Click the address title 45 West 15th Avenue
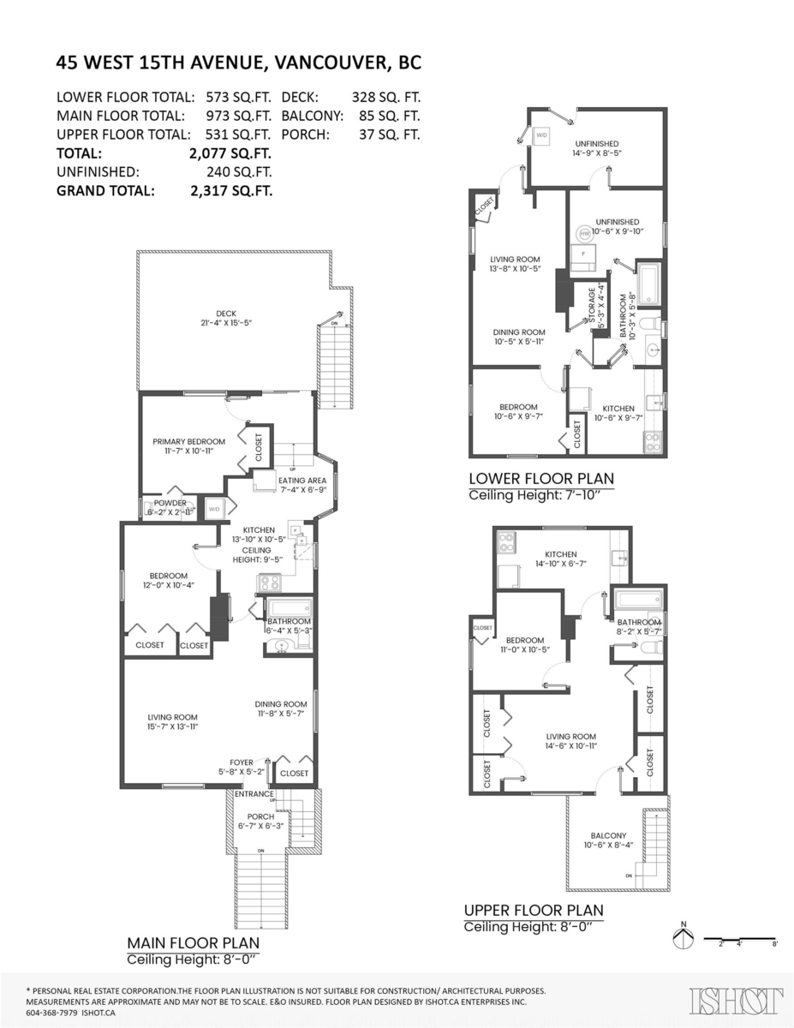pos(239,63)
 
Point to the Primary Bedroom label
pos(189,442)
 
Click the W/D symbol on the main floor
pos(213,509)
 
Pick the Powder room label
pos(170,503)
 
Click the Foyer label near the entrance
pos(242,762)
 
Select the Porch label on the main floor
pos(260,816)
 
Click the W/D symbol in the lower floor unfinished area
pos(541,135)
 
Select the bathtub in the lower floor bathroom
pos(648,284)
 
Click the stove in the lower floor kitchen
pos(653,441)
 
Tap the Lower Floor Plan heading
pos(540,478)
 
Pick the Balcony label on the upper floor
pos(608,836)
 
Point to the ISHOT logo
pos(737,1000)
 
